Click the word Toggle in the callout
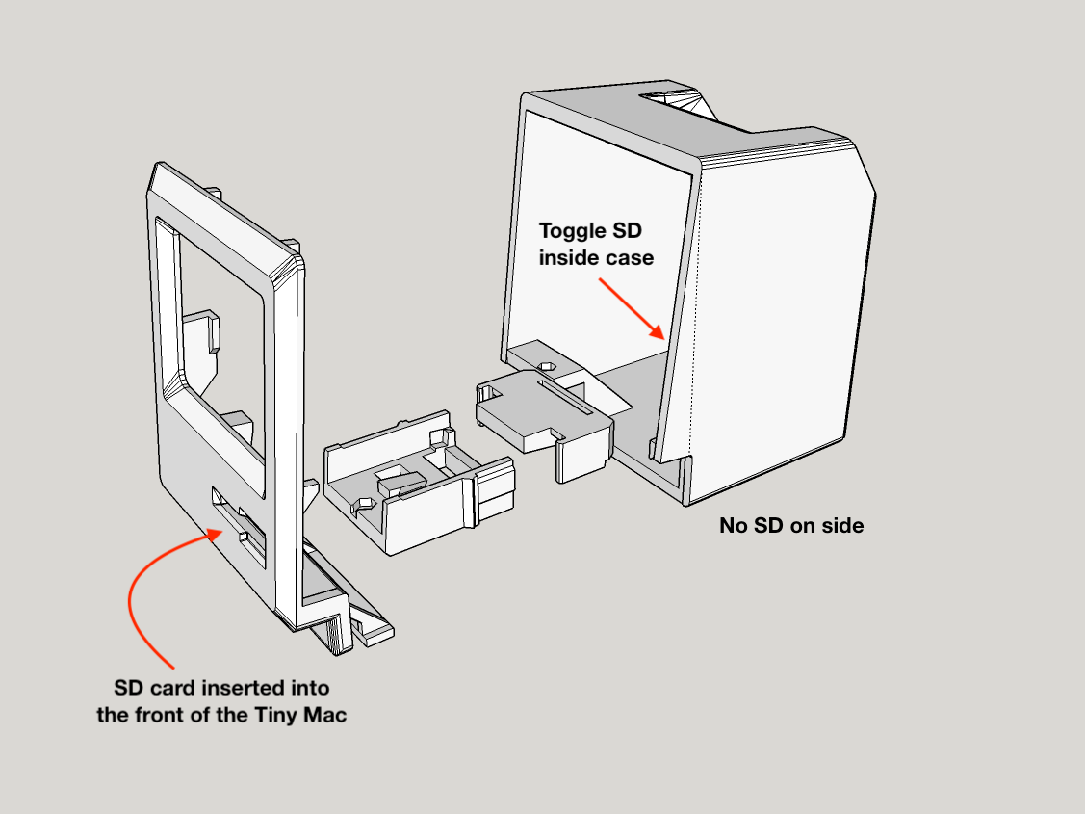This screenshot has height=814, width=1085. tap(569, 231)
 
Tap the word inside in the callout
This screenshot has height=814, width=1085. tap(569, 258)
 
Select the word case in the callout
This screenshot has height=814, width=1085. tap(630, 258)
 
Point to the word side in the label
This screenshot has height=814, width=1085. tap(841, 526)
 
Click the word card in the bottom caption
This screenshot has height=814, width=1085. tap(183, 689)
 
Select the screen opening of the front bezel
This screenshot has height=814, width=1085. tap(217, 308)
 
